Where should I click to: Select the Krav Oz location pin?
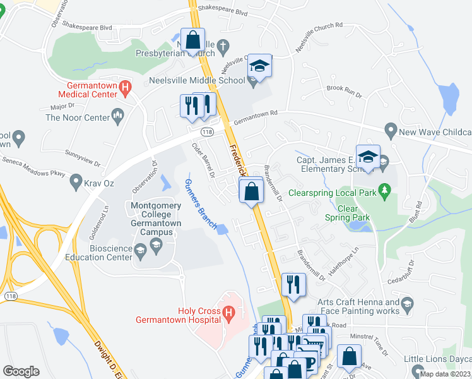[x=74, y=184]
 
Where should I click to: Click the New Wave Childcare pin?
[x=390, y=132]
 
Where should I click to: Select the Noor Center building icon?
[x=116, y=114]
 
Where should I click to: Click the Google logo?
[x=21, y=371]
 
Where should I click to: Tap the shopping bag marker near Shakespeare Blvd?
[x=193, y=40]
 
